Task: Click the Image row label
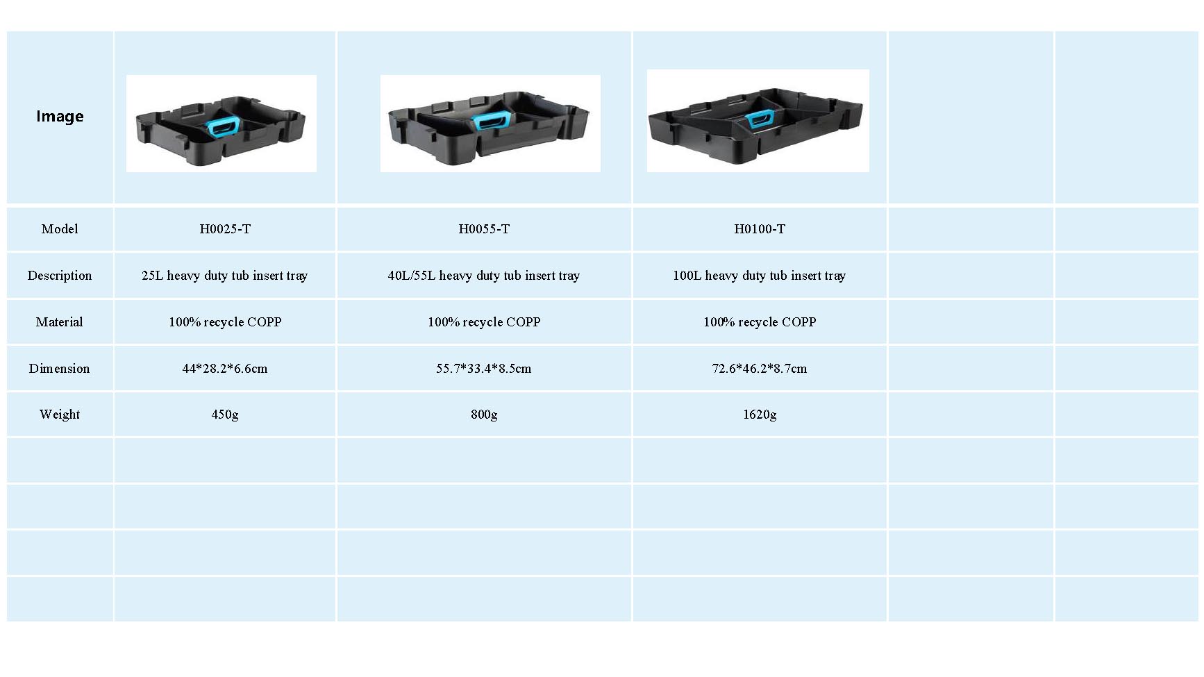pyautogui.click(x=60, y=116)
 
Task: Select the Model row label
pyautogui.click(x=60, y=228)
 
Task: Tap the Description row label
pyautogui.click(x=60, y=275)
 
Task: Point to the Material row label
pyautogui.click(x=60, y=321)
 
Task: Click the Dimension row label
pyautogui.click(x=60, y=368)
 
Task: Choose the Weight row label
pyautogui.click(x=60, y=415)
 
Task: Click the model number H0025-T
pyautogui.click(x=225, y=228)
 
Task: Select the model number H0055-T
pyautogui.click(x=484, y=228)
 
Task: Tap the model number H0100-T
pyautogui.click(x=760, y=228)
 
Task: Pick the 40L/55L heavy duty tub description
pyautogui.click(x=484, y=276)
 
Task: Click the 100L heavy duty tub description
pyautogui.click(x=760, y=276)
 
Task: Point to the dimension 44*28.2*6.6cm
pyautogui.click(x=225, y=368)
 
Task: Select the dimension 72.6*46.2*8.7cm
pyautogui.click(x=760, y=368)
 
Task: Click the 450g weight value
pyautogui.click(x=225, y=415)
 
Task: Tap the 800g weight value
pyautogui.click(x=484, y=415)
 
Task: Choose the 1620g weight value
pyautogui.click(x=760, y=415)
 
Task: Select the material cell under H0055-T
pyautogui.click(x=484, y=321)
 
